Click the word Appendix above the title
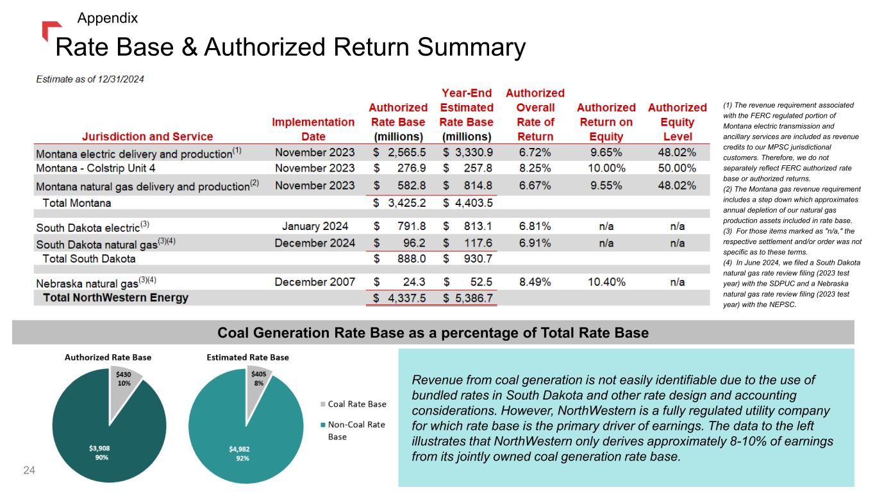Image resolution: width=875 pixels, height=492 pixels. (x=107, y=18)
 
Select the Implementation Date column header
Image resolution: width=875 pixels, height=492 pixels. (x=313, y=129)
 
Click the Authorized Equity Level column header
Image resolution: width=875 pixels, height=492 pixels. (x=678, y=122)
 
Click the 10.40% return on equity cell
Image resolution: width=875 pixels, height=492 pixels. (x=606, y=282)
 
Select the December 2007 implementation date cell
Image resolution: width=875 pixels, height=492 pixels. (x=314, y=282)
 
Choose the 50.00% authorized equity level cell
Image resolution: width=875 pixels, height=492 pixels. (x=677, y=168)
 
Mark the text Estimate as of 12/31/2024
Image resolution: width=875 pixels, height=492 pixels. (x=90, y=79)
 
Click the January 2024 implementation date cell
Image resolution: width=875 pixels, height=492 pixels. (x=314, y=226)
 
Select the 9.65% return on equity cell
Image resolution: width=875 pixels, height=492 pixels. (x=606, y=154)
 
